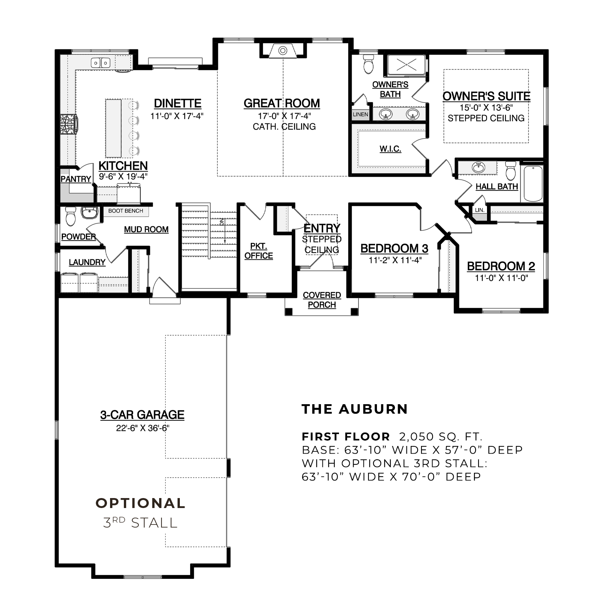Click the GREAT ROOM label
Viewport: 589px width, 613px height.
[x=282, y=103]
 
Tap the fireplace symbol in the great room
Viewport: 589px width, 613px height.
[x=283, y=51]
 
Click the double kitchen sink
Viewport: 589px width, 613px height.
[x=100, y=62]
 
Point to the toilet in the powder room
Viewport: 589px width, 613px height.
[x=71, y=216]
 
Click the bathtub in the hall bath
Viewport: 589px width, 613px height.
[x=533, y=184]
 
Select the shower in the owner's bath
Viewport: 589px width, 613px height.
[x=406, y=65]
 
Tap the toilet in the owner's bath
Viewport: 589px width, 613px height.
[x=369, y=64]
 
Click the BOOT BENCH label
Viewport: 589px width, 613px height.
[x=126, y=211]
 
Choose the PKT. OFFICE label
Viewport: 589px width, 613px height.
[x=259, y=251]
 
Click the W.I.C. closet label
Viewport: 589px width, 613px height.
[x=390, y=149]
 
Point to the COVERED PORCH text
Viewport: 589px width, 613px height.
[x=322, y=300]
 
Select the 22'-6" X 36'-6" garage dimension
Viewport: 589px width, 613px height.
[x=143, y=428]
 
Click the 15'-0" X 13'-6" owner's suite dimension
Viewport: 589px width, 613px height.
[x=486, y=108]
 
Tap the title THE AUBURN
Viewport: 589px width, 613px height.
[x=355, y=409]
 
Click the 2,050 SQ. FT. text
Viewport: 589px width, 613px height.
[x=441, y=436]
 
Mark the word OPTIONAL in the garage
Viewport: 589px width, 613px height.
[x=140, y=503]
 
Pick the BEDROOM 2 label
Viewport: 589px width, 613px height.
[x=501, y=266]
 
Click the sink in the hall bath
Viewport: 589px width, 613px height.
[x=478, y=167]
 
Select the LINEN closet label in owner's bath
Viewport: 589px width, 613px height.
[x=360, y=114]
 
